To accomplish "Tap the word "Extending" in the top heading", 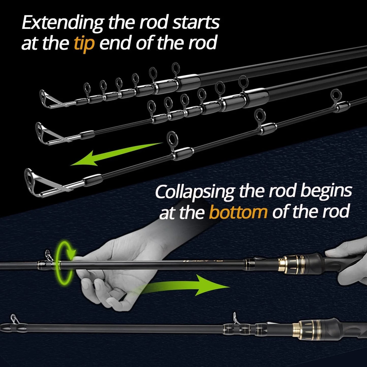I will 62,23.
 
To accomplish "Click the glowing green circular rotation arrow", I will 65,263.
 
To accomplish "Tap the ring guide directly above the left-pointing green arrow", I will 172,138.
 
